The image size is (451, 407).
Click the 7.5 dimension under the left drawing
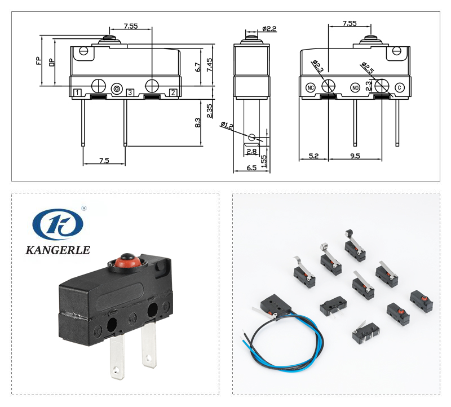coord(104,161)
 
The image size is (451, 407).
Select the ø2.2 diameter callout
coord(269,29)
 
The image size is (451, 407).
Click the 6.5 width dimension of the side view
coord(251,167)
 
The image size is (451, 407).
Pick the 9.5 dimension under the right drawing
coord(355,156)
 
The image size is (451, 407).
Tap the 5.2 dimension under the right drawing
coord(314,156)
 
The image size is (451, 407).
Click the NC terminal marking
coord(310,87)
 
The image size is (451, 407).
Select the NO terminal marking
coord(355,87)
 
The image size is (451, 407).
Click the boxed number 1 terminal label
coord(77,92)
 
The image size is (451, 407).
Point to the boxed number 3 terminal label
coord(130,92)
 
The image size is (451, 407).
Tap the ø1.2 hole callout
coord(227,125)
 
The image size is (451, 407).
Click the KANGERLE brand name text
coord(58,250)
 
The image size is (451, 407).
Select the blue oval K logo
coord(58,224)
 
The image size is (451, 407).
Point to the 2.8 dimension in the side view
coord(251,152)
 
